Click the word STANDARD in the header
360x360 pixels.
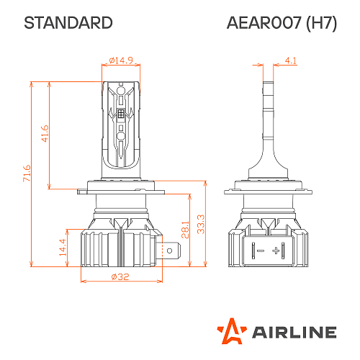[68, 23]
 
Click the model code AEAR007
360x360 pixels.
[264, 23]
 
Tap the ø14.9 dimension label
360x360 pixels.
[121, 60]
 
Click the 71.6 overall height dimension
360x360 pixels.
[27, 174]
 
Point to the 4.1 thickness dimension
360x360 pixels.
[291, 60]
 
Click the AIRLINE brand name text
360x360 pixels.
[292, 332]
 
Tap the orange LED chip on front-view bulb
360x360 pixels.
[121, 114]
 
